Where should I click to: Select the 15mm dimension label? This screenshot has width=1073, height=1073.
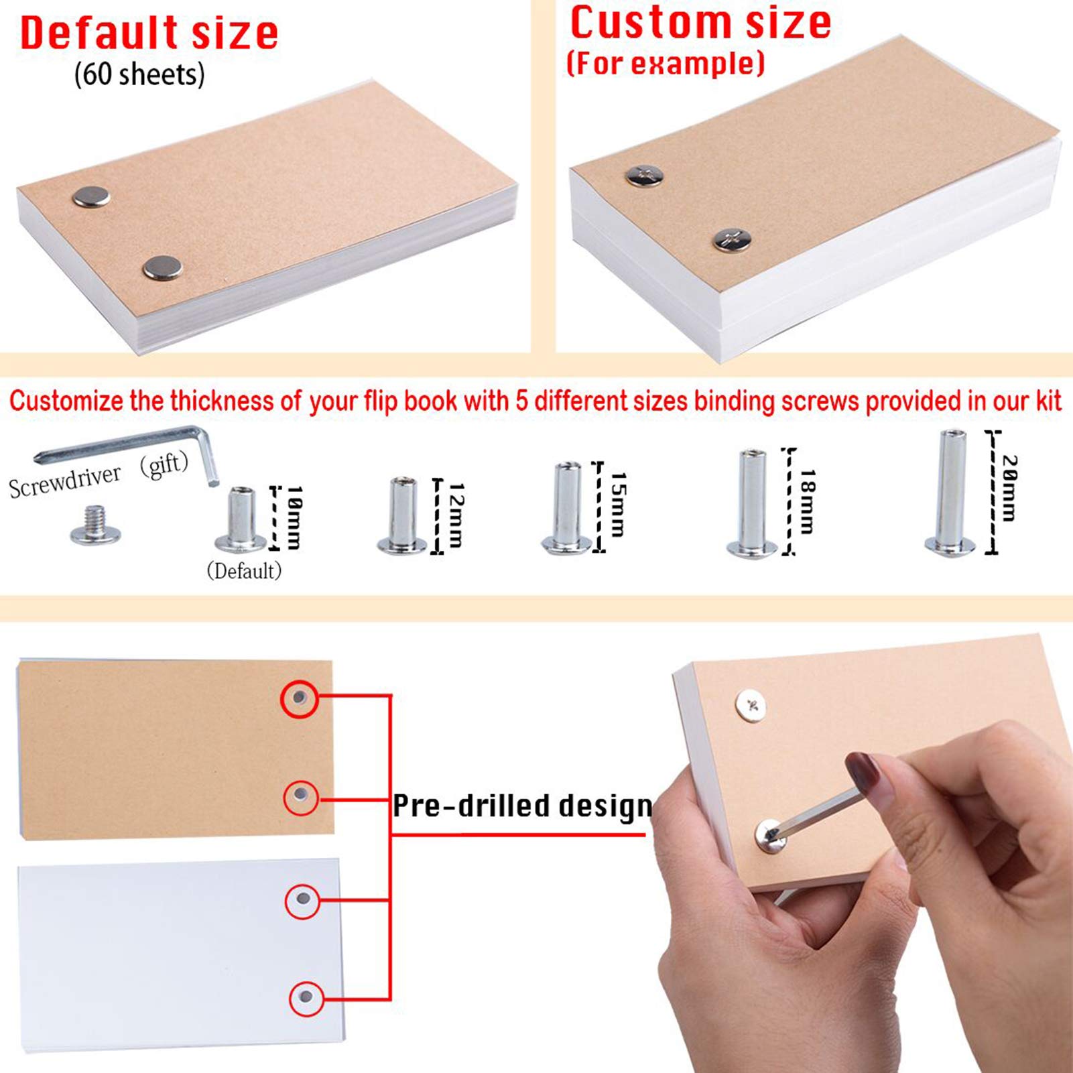(x=618, y=504)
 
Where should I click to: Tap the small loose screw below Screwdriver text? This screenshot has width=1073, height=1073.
(x=95, y=527)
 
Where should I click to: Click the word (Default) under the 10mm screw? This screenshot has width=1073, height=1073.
(x=244, y=571)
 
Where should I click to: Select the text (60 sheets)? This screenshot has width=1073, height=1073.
(x=139, y=74)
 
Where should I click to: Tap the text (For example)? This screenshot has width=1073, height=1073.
(x=665, y=64)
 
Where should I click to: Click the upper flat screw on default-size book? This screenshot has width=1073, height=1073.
(x=91, y=197)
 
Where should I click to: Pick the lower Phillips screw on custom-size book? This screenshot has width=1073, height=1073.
(x=731, y=239)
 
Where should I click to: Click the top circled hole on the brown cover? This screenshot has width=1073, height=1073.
(x=299, y=698)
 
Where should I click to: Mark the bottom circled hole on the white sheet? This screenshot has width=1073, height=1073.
(x=306, y=997)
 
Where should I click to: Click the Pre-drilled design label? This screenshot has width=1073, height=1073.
(x=522, y=806)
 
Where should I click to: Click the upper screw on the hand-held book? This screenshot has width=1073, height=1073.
(x=751, y=706)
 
